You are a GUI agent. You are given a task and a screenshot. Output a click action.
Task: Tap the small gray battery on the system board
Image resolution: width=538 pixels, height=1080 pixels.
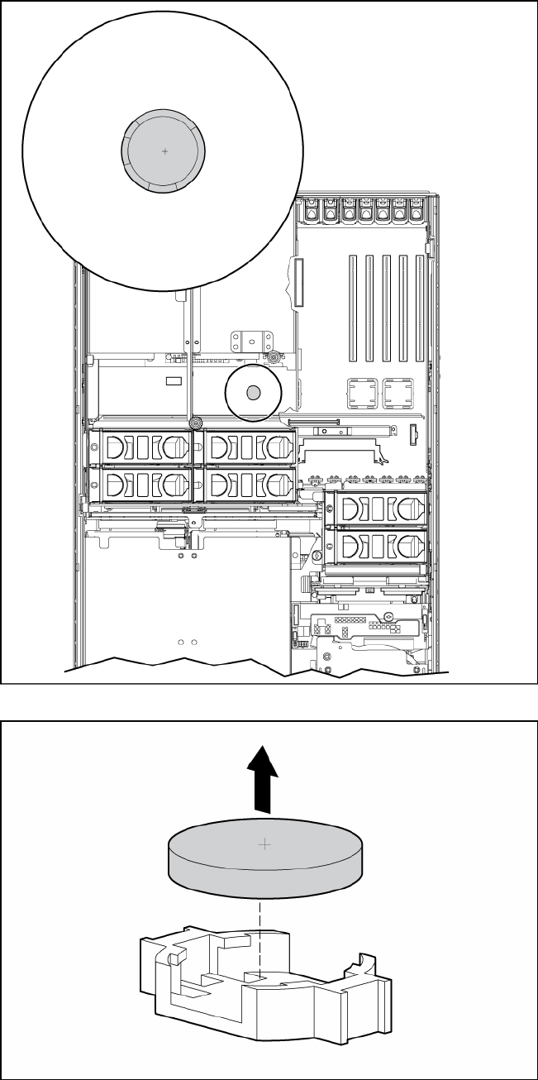tap(255, 391)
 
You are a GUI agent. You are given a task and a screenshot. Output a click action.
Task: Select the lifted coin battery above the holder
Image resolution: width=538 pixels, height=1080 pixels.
tap(264, 860)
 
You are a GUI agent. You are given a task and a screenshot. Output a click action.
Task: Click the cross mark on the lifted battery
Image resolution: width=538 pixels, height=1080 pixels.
tap(264, 844)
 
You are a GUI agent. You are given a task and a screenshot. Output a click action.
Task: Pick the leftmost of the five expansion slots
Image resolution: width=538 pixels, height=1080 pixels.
tap(350, 308)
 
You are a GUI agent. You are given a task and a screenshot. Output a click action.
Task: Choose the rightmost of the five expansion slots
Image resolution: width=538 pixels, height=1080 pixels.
tap(421, 308)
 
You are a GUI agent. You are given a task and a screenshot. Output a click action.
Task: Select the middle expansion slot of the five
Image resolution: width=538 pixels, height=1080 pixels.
tap(386, 308)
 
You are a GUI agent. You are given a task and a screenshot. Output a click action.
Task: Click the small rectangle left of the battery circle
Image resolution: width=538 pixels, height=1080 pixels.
tap(173, 381)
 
